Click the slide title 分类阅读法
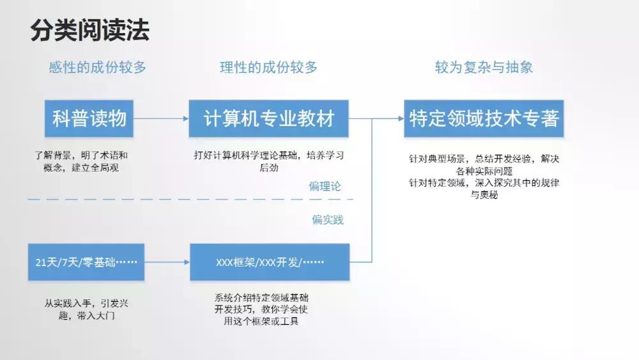click(89, 30)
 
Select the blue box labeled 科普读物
click(89, 118)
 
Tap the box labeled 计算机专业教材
click(268, 118)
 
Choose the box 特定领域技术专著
click(484, 118)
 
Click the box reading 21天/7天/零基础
click(86, 262)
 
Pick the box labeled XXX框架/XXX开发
click(270, 262)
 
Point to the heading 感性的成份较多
click(97, 68)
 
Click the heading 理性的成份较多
click(268, 68)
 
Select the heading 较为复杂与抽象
click(484, 68)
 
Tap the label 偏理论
click(325, 187)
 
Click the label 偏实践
click(327, 220)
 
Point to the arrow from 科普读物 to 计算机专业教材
click(161, 118)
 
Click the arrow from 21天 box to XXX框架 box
click(167, 262)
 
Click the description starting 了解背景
click(81, 161)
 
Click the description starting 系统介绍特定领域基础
click(266, 309)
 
